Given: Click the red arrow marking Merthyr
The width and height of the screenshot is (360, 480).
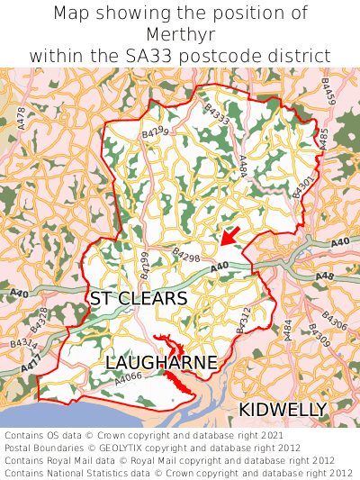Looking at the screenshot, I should coord(230,236).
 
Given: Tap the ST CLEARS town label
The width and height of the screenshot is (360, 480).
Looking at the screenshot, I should coord(139,298).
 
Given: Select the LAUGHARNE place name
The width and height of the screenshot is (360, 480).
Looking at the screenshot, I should coord(161,362).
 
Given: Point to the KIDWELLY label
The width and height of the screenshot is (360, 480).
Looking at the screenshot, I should coord(283,410).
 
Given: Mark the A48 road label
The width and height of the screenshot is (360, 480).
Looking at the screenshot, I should coord(325,276).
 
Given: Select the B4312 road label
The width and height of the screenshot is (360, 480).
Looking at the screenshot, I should coord(241,322).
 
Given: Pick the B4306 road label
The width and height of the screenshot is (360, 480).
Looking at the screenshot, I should coord(334,321).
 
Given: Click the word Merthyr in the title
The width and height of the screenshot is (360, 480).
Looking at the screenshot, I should coord(180,34).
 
